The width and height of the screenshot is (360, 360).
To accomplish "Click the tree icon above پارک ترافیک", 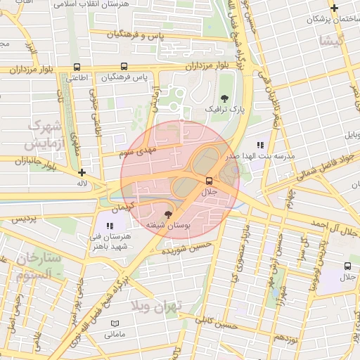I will point(224,98).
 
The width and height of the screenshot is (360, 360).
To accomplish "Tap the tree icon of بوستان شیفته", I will point(167,214).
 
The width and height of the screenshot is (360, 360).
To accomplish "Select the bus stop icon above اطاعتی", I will point(76,67).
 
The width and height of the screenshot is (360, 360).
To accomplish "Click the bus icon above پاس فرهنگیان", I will point(123,67).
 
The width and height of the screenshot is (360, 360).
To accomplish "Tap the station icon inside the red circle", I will point(207,180).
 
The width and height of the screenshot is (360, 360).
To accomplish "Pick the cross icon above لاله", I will point(82,172).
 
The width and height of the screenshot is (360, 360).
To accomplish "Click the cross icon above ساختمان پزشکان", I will point(334,9).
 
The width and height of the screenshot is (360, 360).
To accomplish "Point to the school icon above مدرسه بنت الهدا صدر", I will point(260,145).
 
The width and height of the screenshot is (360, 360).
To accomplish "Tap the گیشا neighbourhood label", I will point(331,41).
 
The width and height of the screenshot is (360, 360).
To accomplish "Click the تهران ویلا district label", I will point(156,307).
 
